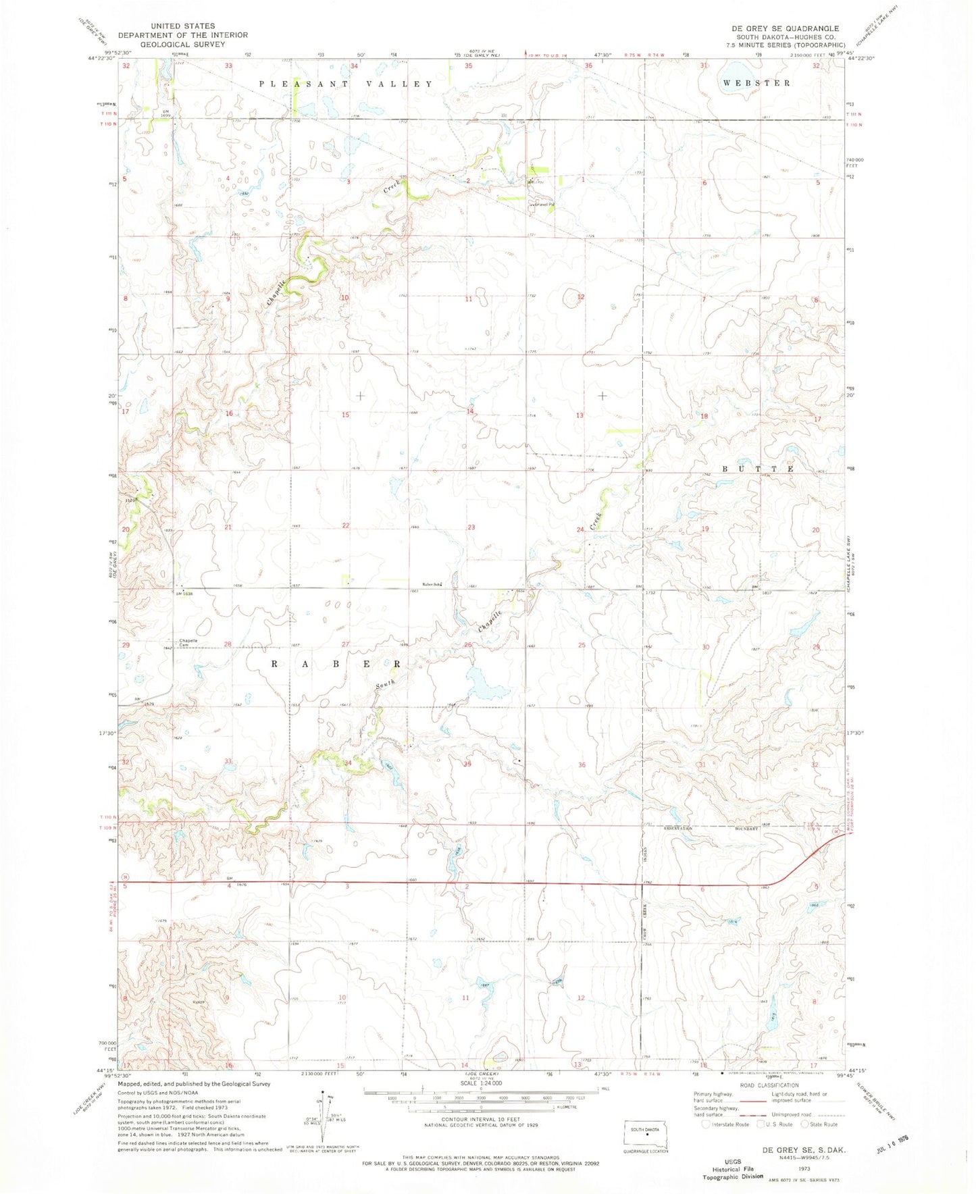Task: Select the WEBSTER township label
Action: point(756,83)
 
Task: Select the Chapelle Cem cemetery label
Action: point(188,642)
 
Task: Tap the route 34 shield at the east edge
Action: point(835,833)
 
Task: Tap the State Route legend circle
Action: point(805,1124)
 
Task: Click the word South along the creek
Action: point(386,685)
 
